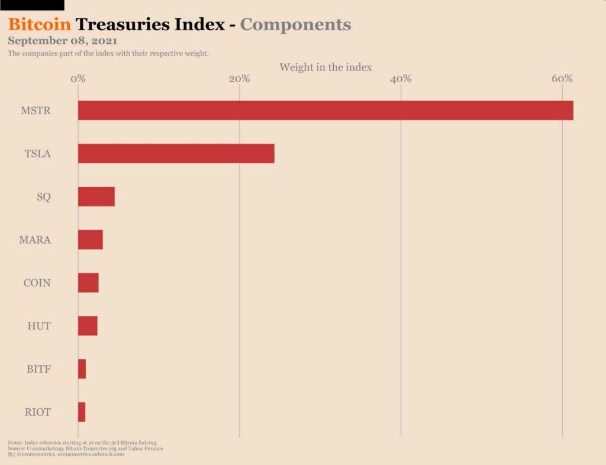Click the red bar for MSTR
tap(325, 111)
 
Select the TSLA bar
tap(176, 153)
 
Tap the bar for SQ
tap(96, 196)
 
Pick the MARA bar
tap(90, 240)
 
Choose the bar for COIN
tap(88, 283)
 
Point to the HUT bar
tap(88, 326)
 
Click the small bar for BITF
tap(82, 369)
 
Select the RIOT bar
tap(82, 412)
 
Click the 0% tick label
tap(78, 79)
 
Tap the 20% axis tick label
tap(239, 79)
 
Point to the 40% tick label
tap(401, 79)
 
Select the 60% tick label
tap(562, 79)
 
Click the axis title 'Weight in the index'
tap(325, 67)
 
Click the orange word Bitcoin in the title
tap(40, 25)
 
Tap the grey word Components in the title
tap(295, 25)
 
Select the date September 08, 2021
tap(62, 41)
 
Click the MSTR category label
tap(36, 111)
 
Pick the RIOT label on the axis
tap(37, 412)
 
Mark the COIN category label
tap(37, 283)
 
